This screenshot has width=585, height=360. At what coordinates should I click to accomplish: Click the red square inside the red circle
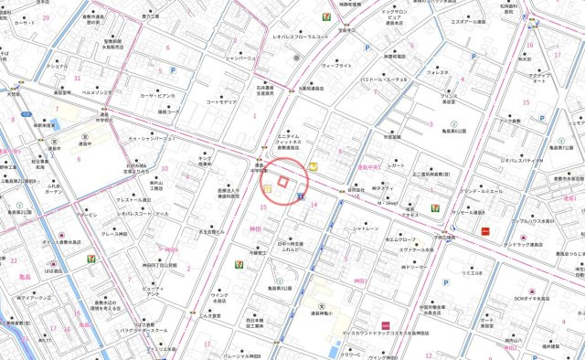click(282, 183)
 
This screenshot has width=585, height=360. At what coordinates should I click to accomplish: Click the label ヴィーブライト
click(336, 66)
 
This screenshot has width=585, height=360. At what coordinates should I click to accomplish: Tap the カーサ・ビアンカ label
click(157, 93)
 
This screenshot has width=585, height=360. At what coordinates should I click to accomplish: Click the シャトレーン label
click(365, 228)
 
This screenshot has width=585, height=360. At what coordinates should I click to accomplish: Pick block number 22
click(189, 269)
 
